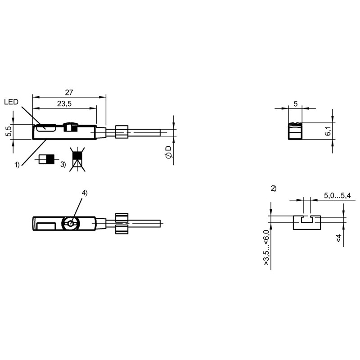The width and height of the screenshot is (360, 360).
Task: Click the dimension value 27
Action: (x=69, y=92)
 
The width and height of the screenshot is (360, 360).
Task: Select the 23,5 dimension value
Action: (x=64, y=104)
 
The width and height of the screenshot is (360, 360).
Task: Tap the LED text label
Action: (x=11, y=102)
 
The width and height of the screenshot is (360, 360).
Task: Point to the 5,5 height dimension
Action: (x=9, y=131)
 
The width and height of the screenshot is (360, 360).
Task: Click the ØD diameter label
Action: (x=169, y=152)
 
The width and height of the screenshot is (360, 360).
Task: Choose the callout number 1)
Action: (x=17, y=165)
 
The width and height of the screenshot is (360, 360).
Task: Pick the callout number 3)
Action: (x=63, y=164)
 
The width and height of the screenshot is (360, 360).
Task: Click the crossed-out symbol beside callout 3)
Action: (x=77, y=159)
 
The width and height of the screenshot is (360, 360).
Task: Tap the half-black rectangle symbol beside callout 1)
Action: (x=47, y=159)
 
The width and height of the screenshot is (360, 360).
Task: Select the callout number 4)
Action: (x=85, y=193)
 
